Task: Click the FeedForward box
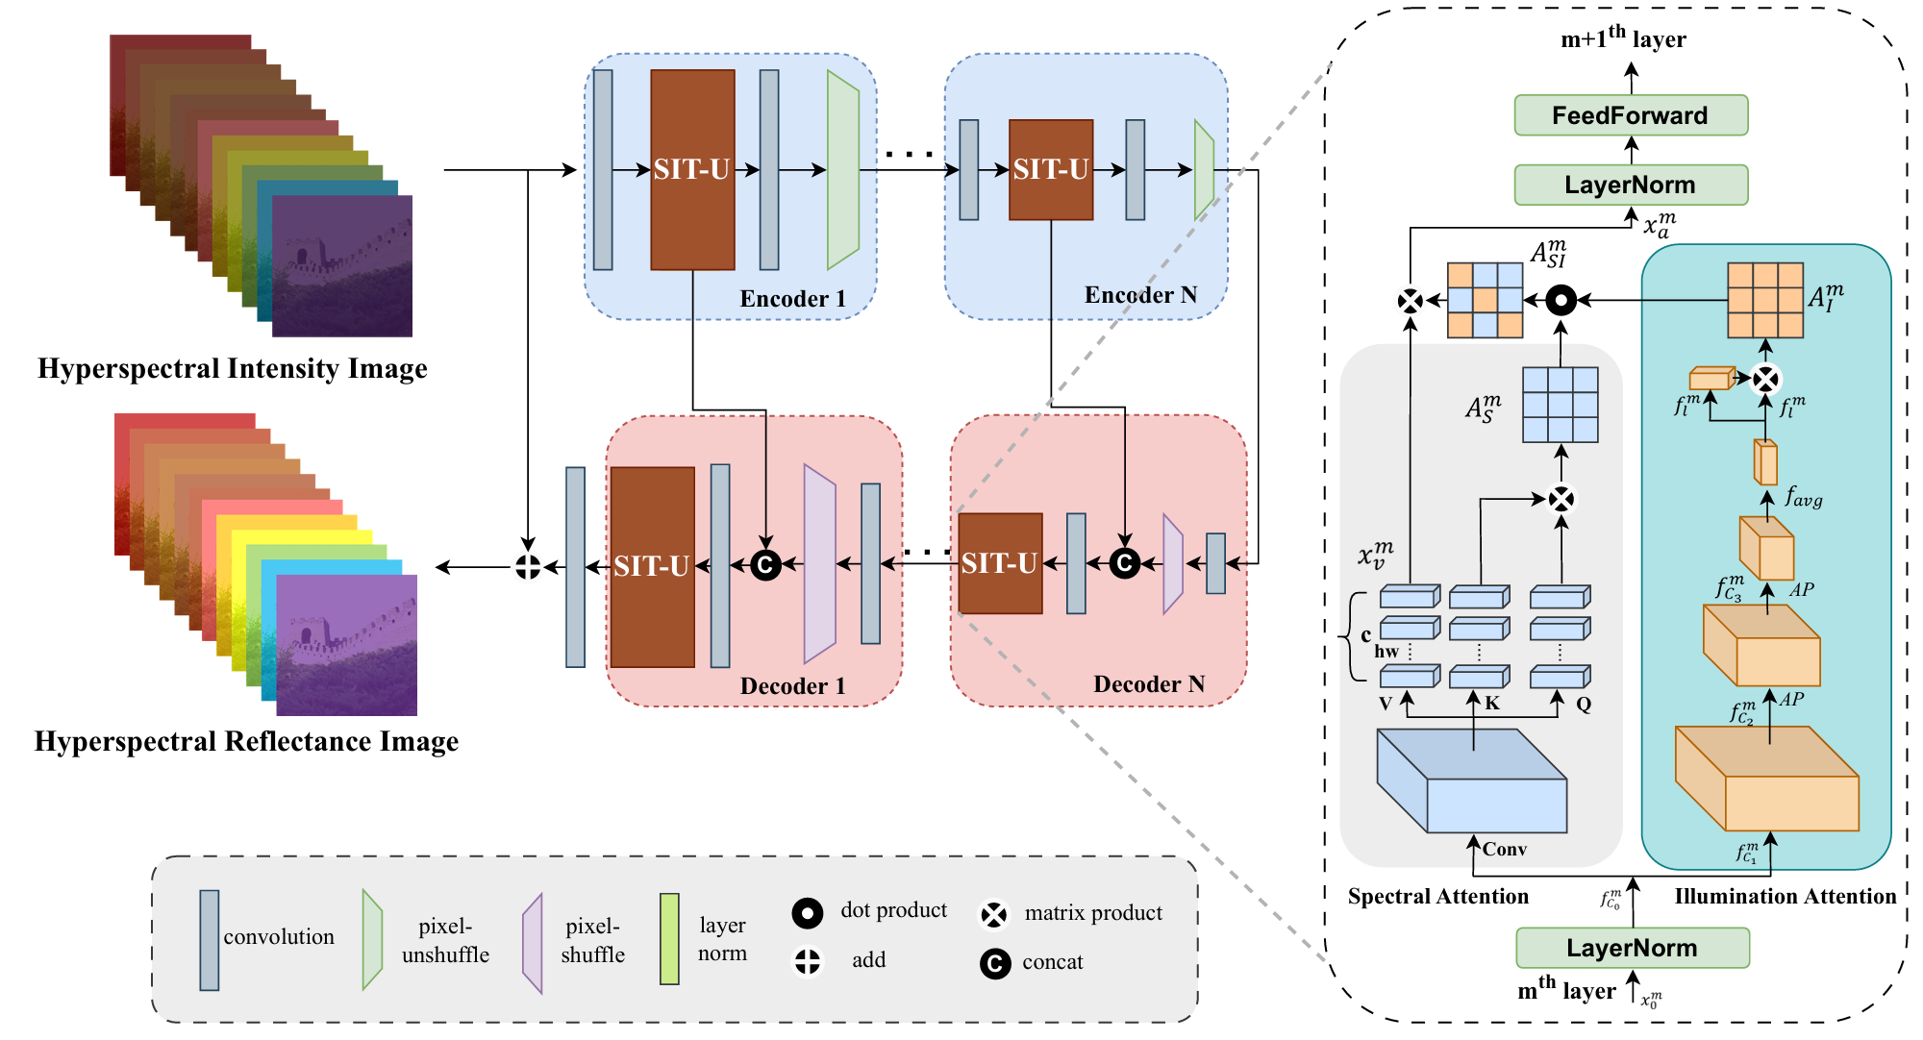coord(1631,115)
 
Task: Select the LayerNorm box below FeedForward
coord(1631,185)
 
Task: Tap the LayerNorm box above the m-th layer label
coord(1632,948)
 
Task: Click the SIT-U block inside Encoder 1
coord(692,170)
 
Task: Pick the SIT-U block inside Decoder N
coord(1000,563)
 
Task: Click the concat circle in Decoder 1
coord(765,564)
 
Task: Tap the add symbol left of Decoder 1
coord(528,567)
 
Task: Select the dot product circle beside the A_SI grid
coord(1561,301)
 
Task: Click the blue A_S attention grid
coord(1560,405)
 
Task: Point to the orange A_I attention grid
coord(1764,300)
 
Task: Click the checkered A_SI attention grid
coord(1485,300)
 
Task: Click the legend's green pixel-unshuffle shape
coord(372,939)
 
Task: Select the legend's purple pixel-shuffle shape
coord(533,942)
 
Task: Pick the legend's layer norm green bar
coord(669,939)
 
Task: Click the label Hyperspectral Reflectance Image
coord(246,741)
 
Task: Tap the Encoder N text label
coord(1140,295)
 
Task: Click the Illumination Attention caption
coord(1785,896)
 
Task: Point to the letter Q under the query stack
coord(1583,705)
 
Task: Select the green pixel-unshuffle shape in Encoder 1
coord(842,170)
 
